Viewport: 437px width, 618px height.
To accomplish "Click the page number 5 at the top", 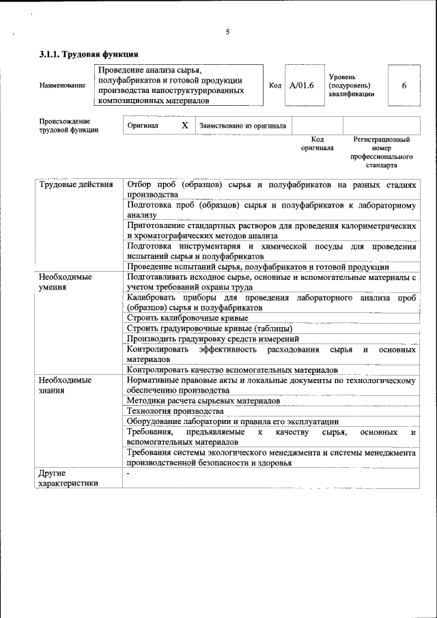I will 227,31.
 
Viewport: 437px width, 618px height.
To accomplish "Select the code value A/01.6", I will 301,85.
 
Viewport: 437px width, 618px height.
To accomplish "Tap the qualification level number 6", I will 404,85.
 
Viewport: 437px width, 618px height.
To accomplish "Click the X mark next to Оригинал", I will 184,126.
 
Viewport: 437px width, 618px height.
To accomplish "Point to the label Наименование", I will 62,85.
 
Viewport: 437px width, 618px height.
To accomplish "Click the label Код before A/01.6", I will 275,85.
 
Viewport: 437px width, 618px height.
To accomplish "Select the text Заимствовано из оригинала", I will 242,126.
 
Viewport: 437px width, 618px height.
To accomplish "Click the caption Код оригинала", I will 317,143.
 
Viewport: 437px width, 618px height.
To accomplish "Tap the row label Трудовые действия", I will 76,185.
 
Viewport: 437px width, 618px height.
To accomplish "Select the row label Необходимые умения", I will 66,283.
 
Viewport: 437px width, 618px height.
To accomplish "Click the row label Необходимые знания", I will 66,386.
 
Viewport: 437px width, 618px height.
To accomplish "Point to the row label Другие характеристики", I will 68,478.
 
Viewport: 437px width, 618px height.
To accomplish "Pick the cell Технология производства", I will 175,411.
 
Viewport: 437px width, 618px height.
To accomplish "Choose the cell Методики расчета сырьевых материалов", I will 203,401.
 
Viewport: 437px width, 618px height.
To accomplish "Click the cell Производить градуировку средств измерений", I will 213,339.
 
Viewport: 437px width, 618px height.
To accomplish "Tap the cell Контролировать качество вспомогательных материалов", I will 233,370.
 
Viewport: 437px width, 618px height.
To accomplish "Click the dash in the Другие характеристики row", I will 128,473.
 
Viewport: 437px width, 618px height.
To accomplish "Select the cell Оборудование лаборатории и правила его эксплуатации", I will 233,422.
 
